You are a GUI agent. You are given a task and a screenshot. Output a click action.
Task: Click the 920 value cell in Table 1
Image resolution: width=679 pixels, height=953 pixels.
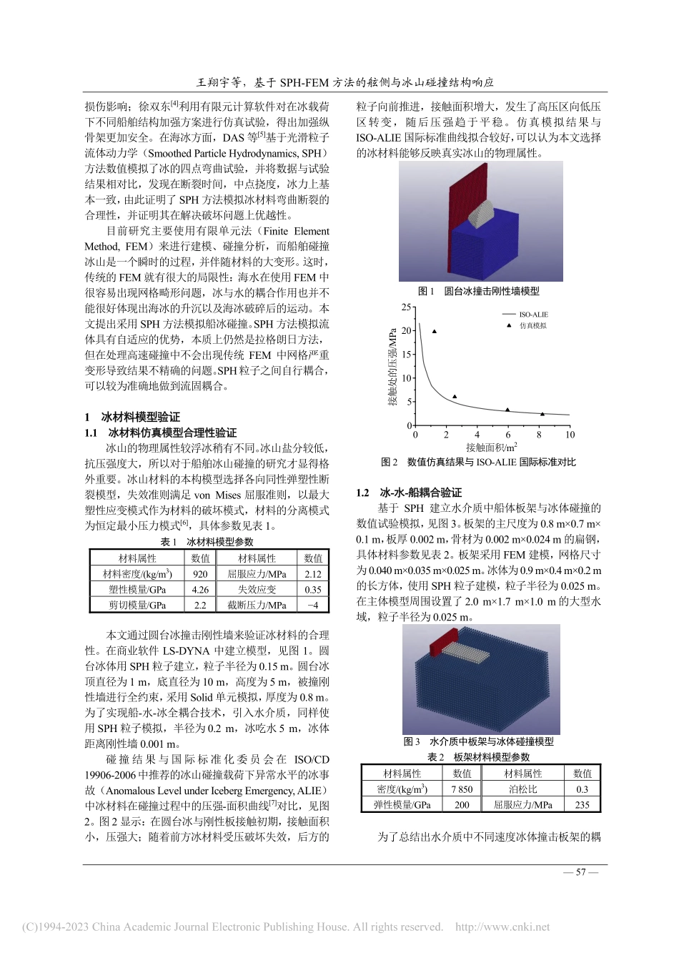tap(200, 574)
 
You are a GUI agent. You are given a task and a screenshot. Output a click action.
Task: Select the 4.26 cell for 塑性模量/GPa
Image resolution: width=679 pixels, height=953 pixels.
tap(200, 590)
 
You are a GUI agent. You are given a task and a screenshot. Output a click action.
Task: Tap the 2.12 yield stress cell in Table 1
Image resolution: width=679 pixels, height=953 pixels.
tap(313, 574)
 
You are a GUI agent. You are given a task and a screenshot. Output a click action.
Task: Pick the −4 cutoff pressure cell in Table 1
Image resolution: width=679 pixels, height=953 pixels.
tap(313, 606)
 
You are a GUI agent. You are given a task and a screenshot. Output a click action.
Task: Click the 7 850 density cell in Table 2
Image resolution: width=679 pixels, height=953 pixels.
tap(462, 789)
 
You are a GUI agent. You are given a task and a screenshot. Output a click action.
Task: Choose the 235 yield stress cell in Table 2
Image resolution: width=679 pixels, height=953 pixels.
tap(582, 805)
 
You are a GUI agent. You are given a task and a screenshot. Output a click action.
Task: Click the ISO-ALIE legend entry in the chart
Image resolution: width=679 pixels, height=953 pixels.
tap(532, 315)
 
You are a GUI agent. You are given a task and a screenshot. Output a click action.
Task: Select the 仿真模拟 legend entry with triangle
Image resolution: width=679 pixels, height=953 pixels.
tap(532, 326)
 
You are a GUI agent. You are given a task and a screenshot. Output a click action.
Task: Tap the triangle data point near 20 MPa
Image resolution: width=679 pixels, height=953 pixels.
tap(434, 332)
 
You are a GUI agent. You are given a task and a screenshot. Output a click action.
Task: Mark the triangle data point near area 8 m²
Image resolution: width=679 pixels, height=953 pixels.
tap(542, 414)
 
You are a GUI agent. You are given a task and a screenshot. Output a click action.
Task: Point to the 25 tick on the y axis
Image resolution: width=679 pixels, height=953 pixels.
tap(406, 307)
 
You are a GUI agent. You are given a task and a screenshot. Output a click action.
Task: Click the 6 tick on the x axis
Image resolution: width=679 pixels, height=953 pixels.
tap(508, 435)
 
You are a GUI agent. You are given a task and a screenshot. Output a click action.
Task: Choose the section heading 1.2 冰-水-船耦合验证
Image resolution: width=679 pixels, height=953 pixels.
tap(409, 493)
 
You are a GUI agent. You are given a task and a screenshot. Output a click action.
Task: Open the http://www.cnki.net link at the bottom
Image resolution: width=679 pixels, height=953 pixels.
tap(502, 927)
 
